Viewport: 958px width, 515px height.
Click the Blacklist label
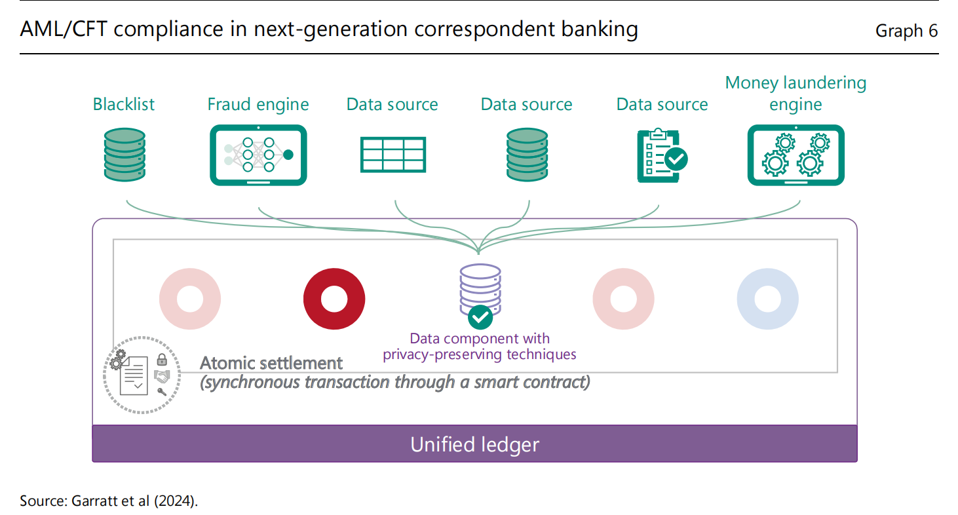[124, 104]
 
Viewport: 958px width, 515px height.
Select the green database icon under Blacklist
[125, 155]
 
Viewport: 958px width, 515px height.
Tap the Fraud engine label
[258, 104]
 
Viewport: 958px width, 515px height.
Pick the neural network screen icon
[258, 155]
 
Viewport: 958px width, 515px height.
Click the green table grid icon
[393, 155]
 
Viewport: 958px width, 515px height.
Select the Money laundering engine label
[795, 94]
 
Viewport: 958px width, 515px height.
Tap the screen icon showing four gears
[795, 155]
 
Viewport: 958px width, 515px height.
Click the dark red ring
[334, 299]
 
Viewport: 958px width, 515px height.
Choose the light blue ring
[767, 299]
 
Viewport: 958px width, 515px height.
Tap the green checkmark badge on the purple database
[480, 318]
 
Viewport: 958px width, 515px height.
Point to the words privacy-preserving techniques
[480, 354]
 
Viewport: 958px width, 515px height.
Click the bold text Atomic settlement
[271, 363]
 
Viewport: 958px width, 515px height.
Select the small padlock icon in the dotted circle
[161, 359]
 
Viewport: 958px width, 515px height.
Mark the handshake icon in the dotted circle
[162, 375]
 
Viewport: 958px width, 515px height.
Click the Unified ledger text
[474, 444]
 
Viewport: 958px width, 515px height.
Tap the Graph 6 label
[906, 31]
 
